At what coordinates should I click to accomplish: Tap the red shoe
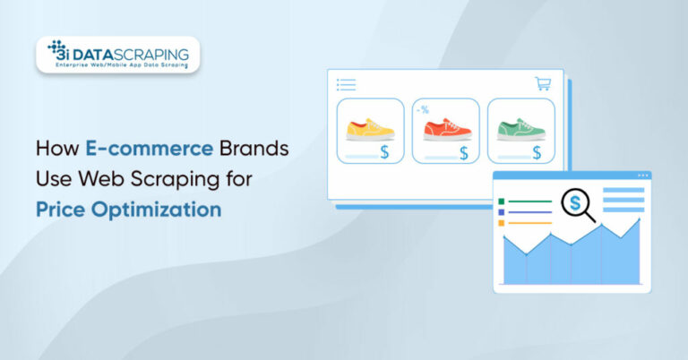coord(445,130)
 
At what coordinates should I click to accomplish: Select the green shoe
coord(520,129)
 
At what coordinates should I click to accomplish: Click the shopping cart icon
coord(543,83)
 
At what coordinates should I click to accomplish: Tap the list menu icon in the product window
coord(346,84)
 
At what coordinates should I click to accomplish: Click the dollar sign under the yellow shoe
coord(384,152)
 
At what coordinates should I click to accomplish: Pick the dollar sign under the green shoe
coord(537,152)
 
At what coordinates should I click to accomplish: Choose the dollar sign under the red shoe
coord(463,152)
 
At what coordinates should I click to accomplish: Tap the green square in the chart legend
coord(503,201)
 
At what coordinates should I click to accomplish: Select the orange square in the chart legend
coord(503,223)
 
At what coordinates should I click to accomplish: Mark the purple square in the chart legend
coord(503,212)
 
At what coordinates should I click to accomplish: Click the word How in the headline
coord(55,150)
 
